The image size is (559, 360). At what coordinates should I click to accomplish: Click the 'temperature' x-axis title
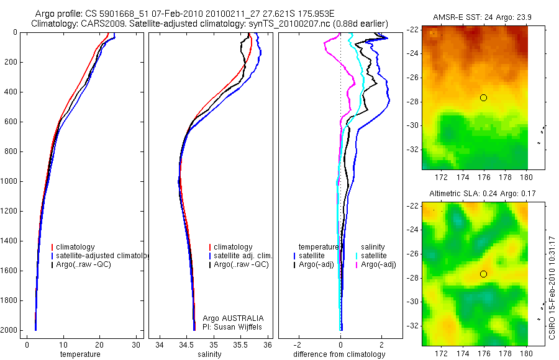pyautogui.click(x=80, y=354)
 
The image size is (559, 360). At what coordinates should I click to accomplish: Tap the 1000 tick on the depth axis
pyautogui.click(x=10, y=181)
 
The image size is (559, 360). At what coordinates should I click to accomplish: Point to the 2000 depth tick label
pyautogui.click(x=10, y=330)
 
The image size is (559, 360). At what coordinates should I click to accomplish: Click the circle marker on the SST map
pyautogui.click(x=483, y=97)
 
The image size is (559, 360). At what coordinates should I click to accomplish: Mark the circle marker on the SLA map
pyautogui.click(x=483, y=274)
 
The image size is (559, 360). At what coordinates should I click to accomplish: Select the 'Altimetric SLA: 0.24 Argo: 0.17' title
pyautogui.click(x=475, y=194)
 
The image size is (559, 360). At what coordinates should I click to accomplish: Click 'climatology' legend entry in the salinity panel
pyautogui.click(x=233, y=247)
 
